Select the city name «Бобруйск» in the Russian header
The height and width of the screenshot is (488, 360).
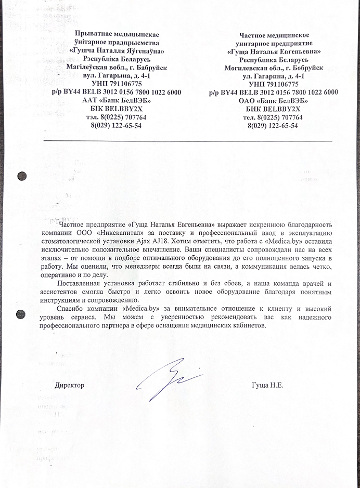coord(305,68)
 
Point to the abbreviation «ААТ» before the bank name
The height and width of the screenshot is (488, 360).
coord(92,100)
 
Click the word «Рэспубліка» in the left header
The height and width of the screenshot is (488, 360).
coord(94,59)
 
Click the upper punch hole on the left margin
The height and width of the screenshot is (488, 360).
coord(22,176)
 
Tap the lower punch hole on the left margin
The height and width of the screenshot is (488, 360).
coord(21,314)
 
